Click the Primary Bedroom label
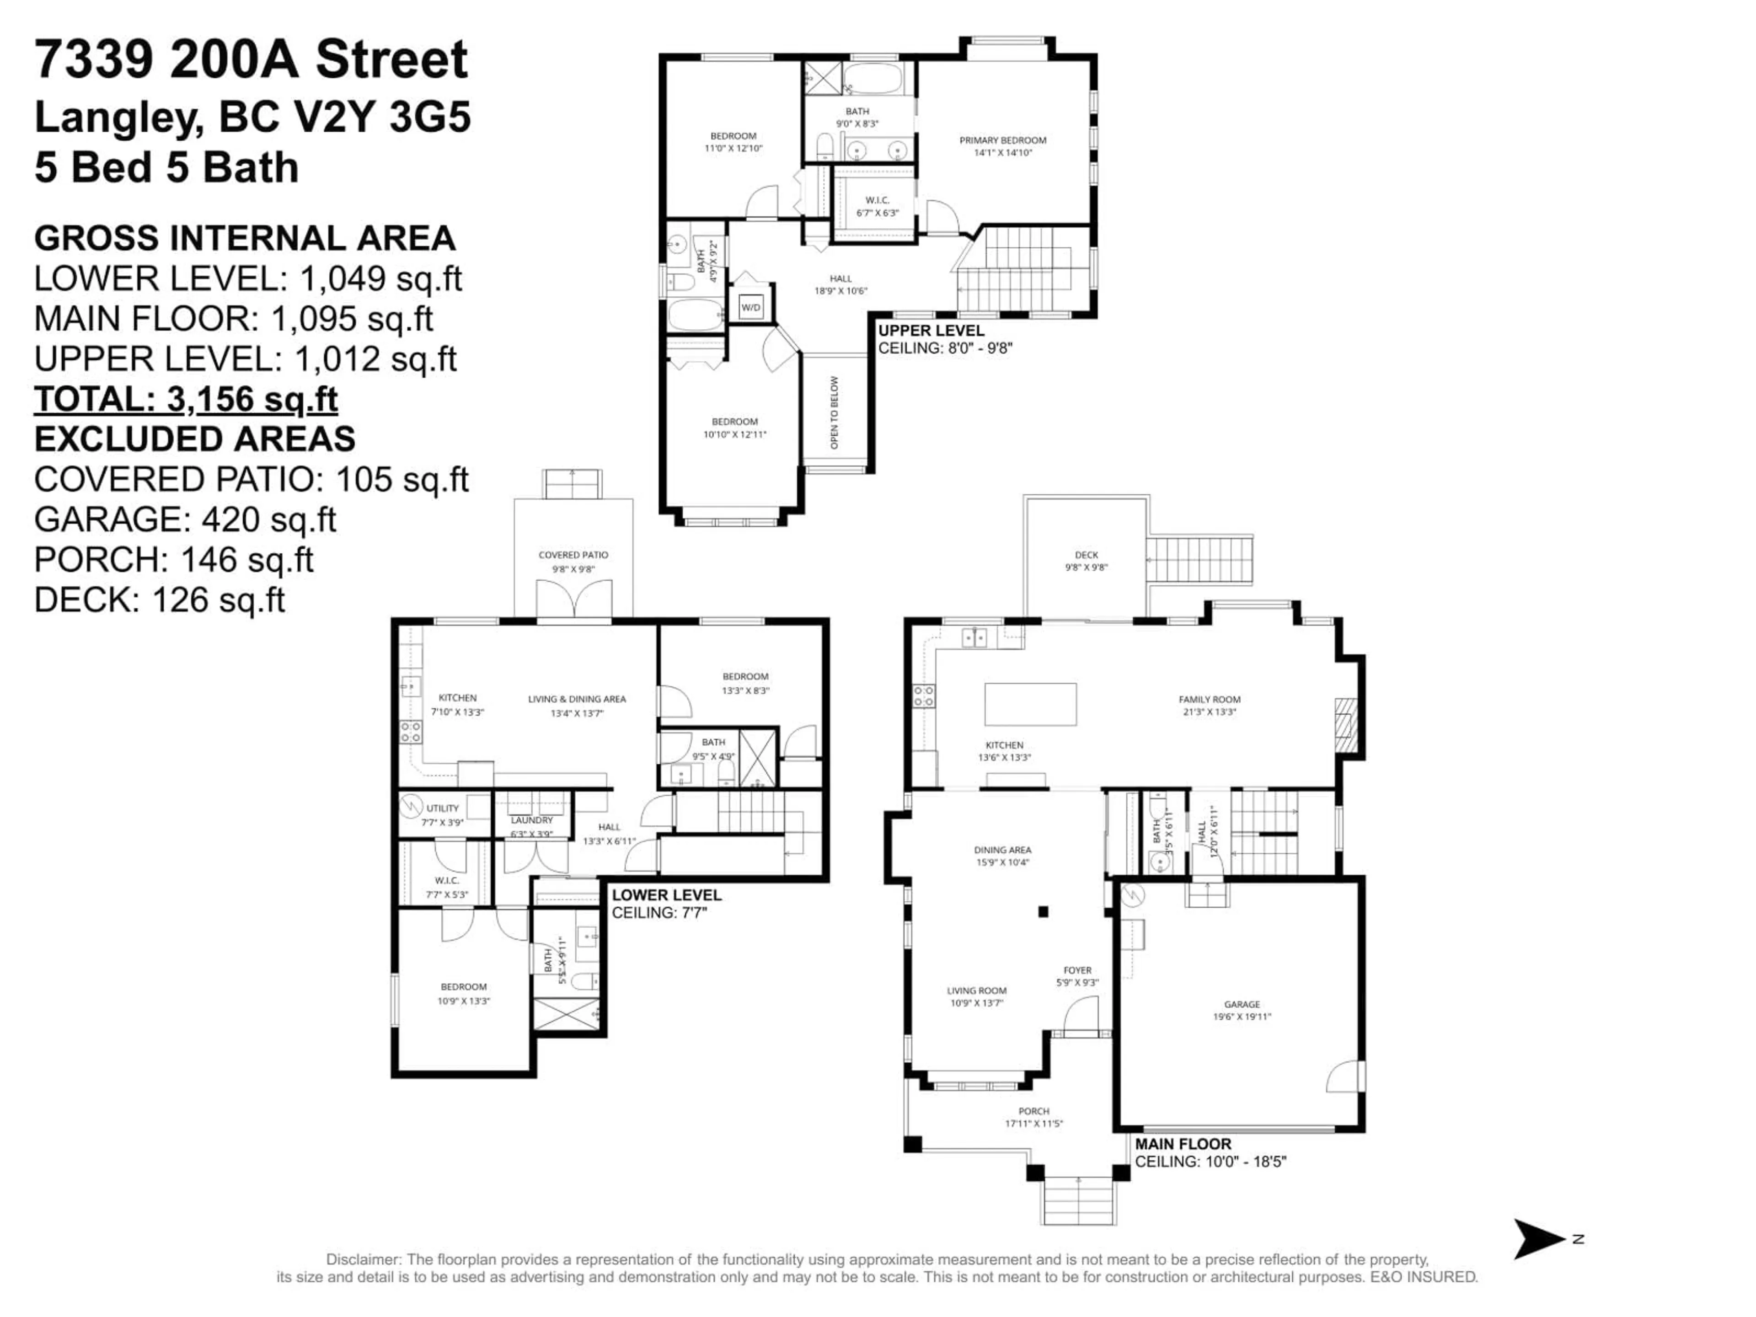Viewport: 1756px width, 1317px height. point(1003,140)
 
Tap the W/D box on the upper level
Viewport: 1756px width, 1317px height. point(750,307)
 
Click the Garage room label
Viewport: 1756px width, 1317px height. point(1242,1004)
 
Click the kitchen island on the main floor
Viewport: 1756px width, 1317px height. point(1030,704)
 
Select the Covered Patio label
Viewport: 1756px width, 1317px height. point(573,555)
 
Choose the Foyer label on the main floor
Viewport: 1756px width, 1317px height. point(1077,970)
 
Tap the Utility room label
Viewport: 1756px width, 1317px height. point(442,808)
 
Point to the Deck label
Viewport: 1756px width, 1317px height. point(1086,555)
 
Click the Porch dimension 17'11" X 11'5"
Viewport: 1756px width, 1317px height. point(1033,1123)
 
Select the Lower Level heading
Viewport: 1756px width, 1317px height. point(666,894)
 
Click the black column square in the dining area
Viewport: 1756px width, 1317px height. point(1043,912)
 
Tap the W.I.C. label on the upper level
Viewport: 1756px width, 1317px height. point(877,200)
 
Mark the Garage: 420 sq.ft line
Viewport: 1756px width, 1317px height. point(185,519)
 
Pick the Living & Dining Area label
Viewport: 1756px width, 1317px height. point(577,699)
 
